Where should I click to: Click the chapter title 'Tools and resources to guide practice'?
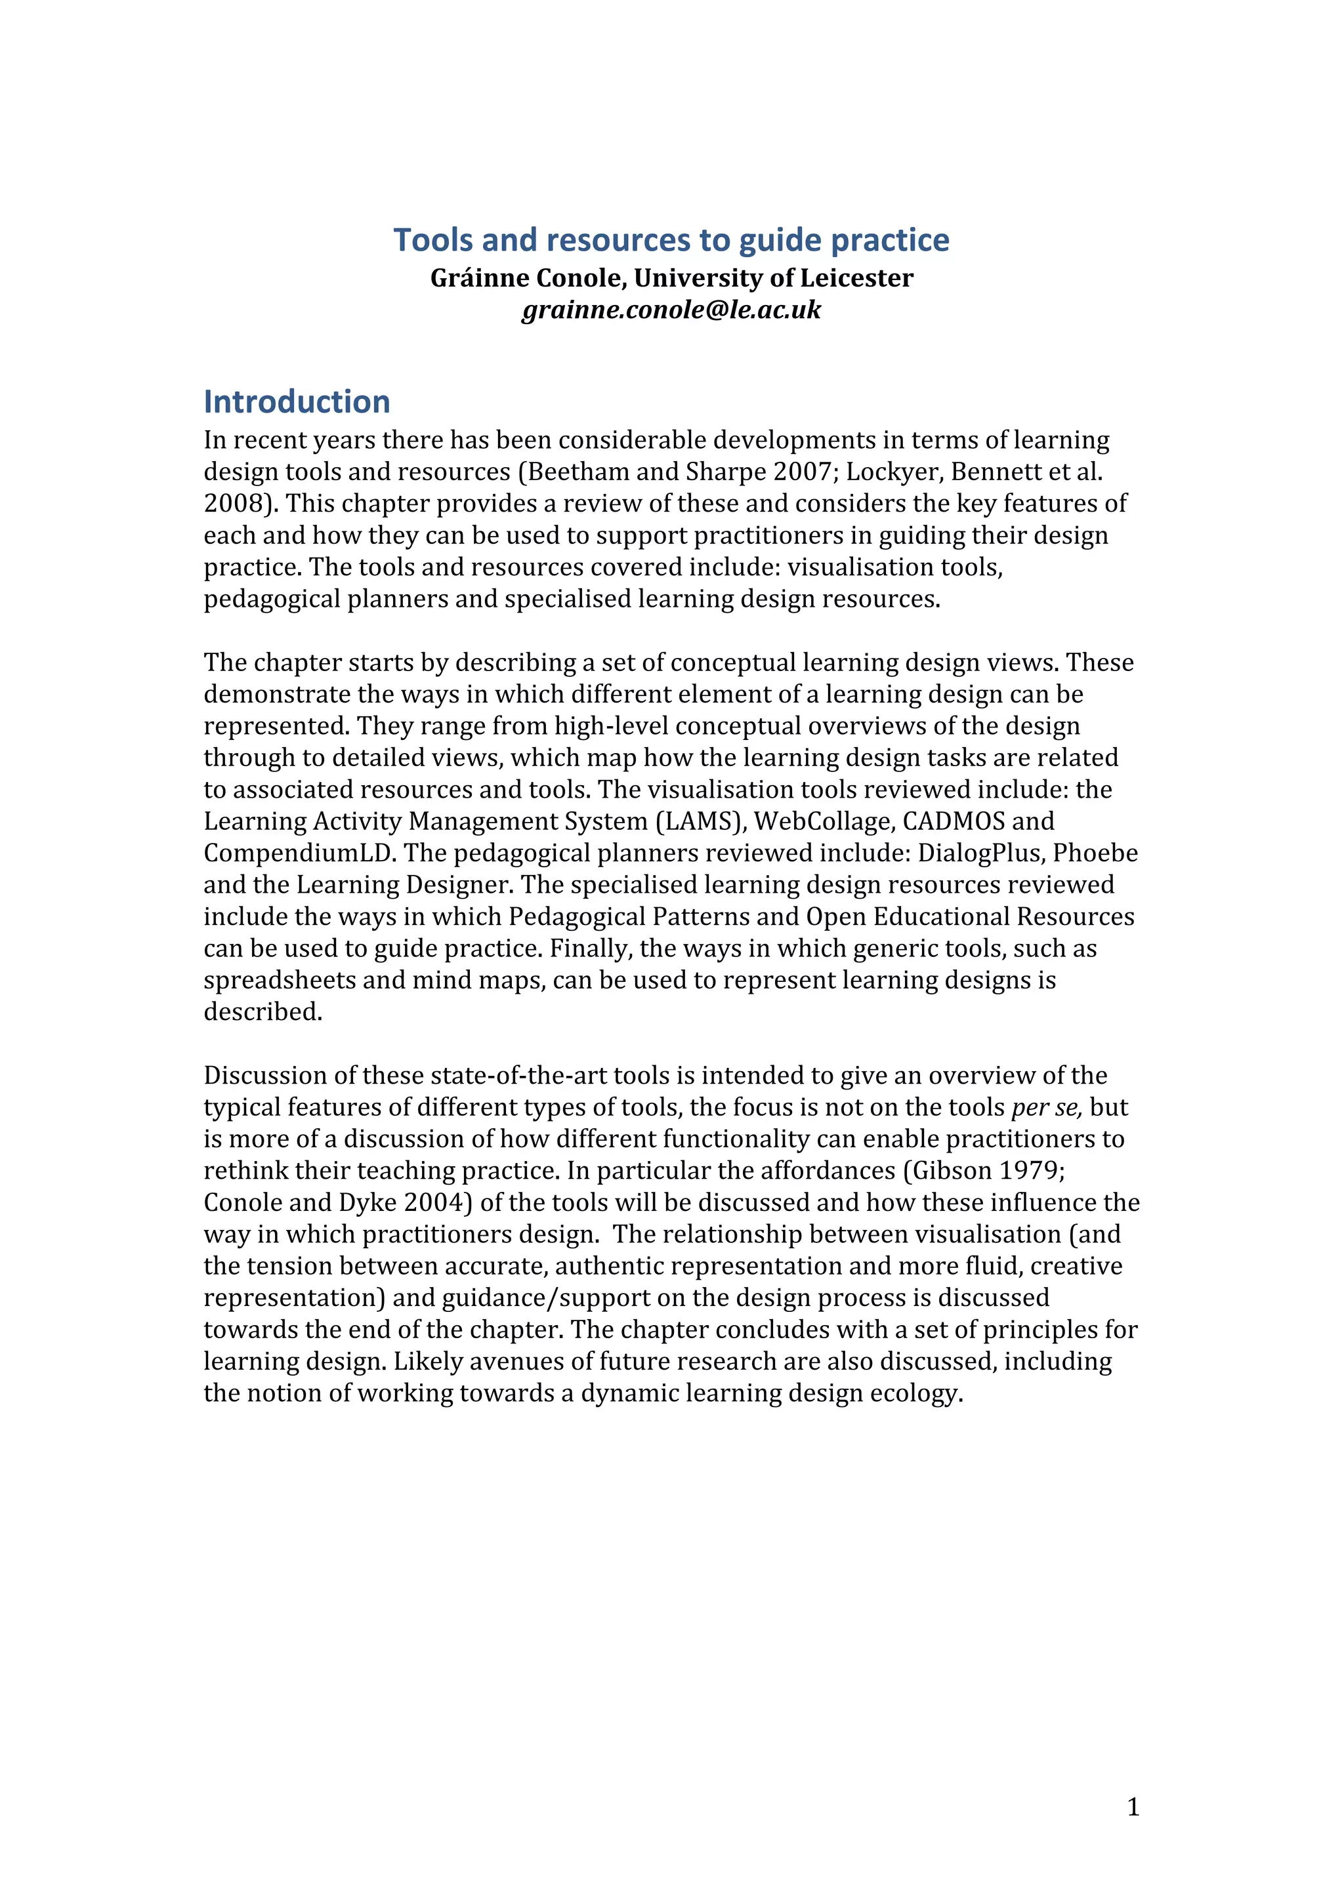pyautogui.click(x=671, y=240)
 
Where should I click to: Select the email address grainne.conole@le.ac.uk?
pyautogui.click(x=671, y=310)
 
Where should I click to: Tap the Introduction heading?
pyautogui.click(x=297, y=401)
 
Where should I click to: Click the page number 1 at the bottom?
pyautogui.click(x=1133, y=1807)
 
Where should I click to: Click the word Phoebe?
pyautogui.click(x=1095, y=853)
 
